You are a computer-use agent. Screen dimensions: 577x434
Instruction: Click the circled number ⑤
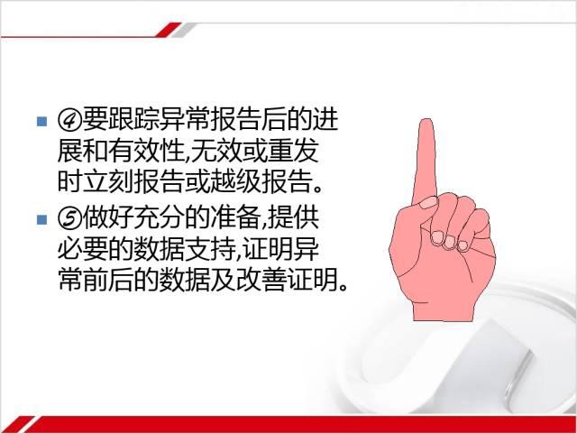(x=69, y=218)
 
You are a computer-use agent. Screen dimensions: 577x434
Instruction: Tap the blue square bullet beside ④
(x=42, y=121)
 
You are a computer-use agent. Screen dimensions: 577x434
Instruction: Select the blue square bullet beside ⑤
(x=42, y=219)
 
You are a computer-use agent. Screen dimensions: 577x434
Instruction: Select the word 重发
(x=292, y=151)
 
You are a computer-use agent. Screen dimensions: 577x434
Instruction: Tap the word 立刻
(x=107, y=182)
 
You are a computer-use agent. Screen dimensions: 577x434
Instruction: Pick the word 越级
(x=235, y=182)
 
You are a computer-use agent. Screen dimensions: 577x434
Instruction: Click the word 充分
(x=159, y=218)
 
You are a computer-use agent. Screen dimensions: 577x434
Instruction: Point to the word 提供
(x=293, y=218)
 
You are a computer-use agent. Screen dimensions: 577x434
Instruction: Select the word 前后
(x=107, y=282)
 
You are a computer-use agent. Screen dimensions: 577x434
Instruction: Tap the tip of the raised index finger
(x=426, y=119)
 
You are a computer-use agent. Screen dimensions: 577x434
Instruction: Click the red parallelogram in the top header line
(x=169, y=30)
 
